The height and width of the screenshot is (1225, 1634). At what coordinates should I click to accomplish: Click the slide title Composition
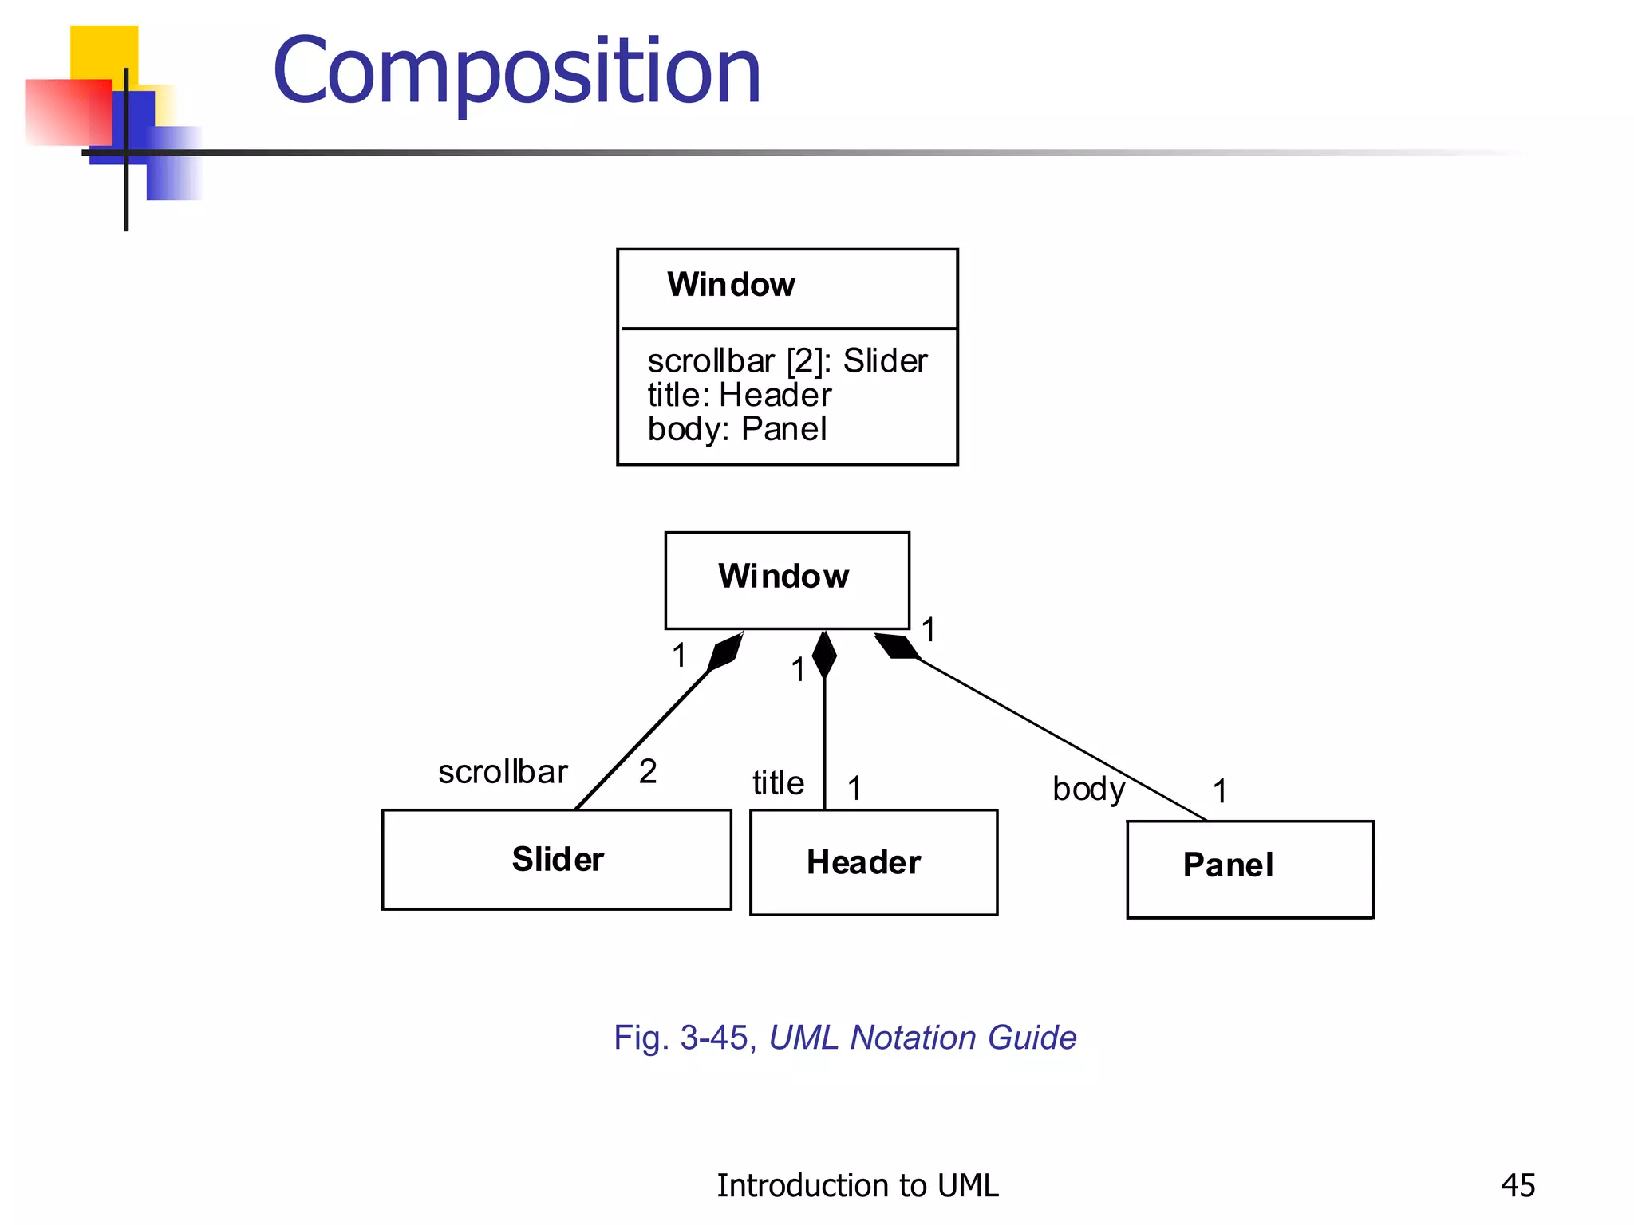pos(517,72)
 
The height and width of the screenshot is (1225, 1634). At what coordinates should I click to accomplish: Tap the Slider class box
pos(556,859)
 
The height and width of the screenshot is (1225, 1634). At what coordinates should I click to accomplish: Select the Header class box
pos(873,862)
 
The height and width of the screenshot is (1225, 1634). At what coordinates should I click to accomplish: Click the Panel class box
pos(1249,869)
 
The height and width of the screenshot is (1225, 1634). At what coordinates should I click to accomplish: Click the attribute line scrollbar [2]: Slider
pos(787,361)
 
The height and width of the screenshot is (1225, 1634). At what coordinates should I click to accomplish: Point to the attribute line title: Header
pos(739,396)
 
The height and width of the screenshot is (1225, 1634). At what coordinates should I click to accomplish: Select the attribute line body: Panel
pos(736,430)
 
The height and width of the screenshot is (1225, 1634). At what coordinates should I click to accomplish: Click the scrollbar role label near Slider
pos(503,772)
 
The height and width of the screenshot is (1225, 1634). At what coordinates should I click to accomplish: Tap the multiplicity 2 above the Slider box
pos(648,771)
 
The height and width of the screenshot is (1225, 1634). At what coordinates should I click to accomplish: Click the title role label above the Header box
pos(778,783)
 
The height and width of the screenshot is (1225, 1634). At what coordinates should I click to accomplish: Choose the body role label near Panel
pos(1088,790)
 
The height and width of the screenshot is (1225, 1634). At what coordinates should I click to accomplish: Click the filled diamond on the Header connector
pos(824,654)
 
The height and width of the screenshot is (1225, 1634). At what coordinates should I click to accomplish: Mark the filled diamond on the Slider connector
pos(725,651)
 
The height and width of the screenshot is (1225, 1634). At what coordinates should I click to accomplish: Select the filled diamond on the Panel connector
pos(897,646)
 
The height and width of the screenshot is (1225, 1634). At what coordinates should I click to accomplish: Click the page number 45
pos(1518,1185)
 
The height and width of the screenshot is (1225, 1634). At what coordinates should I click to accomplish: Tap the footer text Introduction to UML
pos(857,1185)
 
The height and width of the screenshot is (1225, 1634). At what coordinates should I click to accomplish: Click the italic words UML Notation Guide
pos(922,1038)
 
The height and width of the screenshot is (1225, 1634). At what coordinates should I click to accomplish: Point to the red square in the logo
pos(68,112)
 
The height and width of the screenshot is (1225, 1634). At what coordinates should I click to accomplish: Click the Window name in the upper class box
pos(731,285)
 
